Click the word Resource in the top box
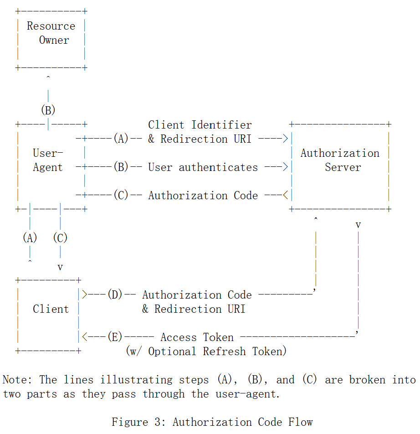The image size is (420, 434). click(x=51, y=26)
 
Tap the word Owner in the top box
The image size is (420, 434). click(x=54, y=40)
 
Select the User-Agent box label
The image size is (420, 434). click(x=48, y=160)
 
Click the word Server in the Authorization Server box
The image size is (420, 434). click(x=343, y=167)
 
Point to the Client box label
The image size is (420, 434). click(x=51, y=309)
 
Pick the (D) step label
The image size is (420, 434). click(x=115, y=295)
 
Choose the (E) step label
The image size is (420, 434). click(x=115, y=337)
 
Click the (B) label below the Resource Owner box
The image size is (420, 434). click(x=48, y=110)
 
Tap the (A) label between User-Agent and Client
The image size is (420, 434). click(x=30, y=238)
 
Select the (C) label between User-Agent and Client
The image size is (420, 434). click(x=60, y=238)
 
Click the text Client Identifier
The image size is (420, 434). click(x=200, y=125)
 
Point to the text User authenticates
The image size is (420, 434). click(x=203, y=167)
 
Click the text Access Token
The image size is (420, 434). click(x=197, y=337)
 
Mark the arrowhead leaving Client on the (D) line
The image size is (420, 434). click(x=85, y=295)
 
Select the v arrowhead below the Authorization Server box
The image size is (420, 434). click(x=358, y=225)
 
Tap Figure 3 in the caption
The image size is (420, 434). click(x=138, y=422)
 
